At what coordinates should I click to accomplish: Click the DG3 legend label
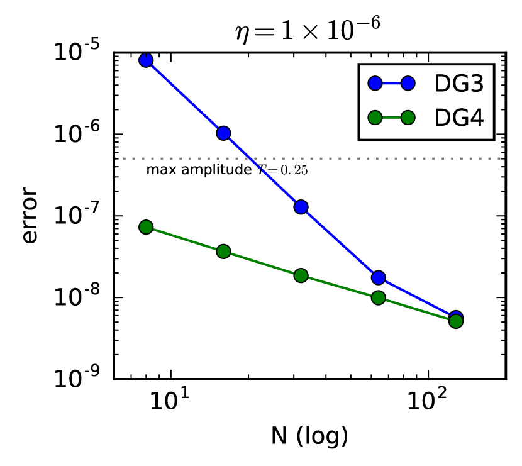point(458,83)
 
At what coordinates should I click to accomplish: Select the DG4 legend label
point(458,117)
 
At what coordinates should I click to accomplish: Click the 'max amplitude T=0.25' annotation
point(227,170)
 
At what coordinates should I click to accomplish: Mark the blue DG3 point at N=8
point(146,60)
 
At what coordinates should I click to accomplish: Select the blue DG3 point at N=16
point(223,133)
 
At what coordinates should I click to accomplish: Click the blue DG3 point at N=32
point(301,207)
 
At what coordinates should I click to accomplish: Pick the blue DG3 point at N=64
point(378,277)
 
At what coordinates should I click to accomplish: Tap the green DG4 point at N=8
point(146,227)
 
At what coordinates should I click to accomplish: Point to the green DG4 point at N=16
point(223,252)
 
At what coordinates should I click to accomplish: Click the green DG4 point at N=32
point(301,275)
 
